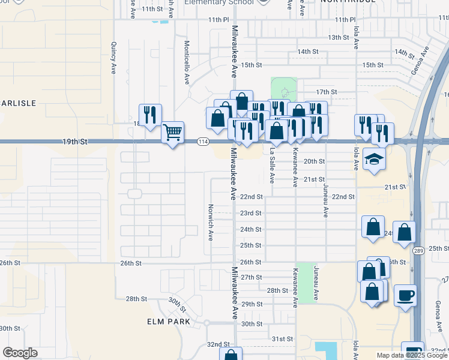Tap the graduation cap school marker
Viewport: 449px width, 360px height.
tap(375, 159)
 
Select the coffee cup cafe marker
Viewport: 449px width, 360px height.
tap(406, 295)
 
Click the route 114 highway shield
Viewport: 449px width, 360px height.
tap(203, 142)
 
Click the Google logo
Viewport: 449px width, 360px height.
tap(20, 353)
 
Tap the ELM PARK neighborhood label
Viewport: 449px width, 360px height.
tap(169, 322)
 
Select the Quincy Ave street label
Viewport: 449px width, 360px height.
tap(113, 58)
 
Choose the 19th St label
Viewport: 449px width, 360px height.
tap(74, 142)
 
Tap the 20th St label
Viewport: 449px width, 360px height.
tap(314, 161)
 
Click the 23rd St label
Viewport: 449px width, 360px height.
tap(250, 213)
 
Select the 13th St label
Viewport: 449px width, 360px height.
tap(339, 37)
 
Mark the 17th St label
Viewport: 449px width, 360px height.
tap(326, 92)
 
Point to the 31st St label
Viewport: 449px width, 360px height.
tap(282, 339)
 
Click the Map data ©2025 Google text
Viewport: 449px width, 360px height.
tap(412, 355)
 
